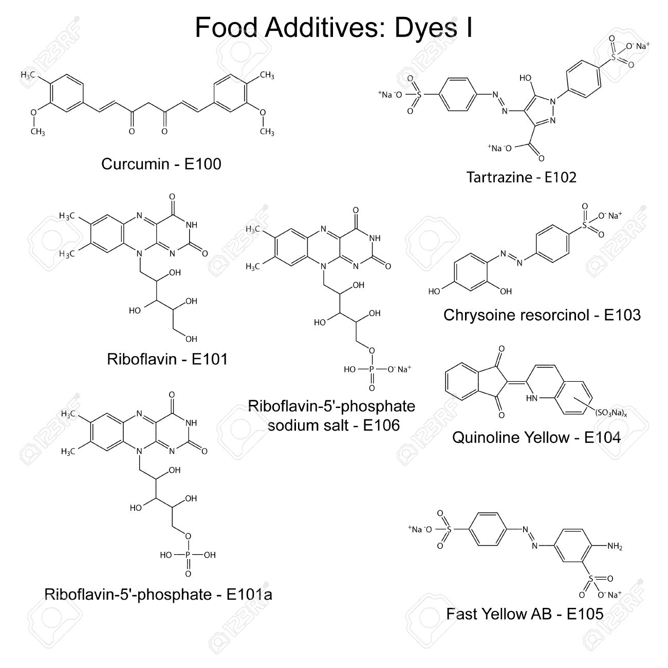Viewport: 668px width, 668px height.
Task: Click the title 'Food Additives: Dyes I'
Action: click(x=333, y=27)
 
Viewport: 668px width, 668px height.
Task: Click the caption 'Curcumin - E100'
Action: click(x=161, y=164)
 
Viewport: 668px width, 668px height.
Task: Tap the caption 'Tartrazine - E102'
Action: click(x=521, y=177)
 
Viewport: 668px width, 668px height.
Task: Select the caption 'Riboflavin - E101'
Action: click(x=167, y=359)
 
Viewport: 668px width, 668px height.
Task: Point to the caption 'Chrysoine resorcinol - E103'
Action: click(x=542, y=315)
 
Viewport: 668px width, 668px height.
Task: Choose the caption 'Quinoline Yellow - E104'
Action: click(x=536, y=437)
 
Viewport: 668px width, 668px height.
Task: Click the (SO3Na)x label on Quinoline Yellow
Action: click(x=611, y=413)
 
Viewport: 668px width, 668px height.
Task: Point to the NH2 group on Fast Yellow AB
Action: click(x=615, y=546)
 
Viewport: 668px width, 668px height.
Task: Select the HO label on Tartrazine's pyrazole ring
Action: click(x=525, y=78)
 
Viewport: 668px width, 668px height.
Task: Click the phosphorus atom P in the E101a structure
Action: click(x=188, y=555)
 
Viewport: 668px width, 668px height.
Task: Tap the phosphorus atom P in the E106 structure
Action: click(x=372, y=369)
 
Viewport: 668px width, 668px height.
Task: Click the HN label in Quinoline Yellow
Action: click(x=531, y=398)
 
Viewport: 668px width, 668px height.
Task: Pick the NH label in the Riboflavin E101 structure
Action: click(x=192, y=225)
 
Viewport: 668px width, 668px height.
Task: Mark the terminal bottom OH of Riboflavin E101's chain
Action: click(x=191, y=339)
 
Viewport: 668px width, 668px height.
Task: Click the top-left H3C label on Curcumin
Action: click(x=28, y=75)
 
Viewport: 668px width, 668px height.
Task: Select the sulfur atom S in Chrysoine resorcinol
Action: click(x=584, y=225)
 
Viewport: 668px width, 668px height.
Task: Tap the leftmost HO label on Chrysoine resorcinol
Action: click(x=434, y=291)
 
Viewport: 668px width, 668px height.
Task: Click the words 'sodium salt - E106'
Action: click(x=333, y=425)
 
